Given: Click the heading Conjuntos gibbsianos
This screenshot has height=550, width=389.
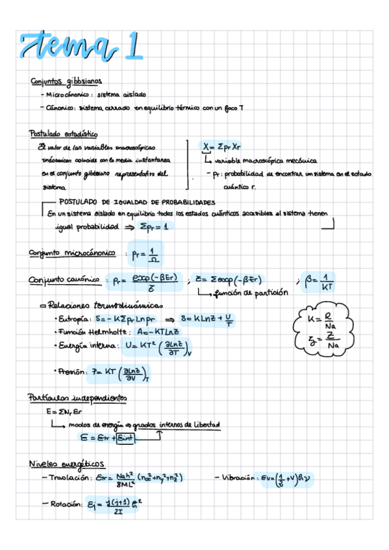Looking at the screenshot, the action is [x=66, y=82].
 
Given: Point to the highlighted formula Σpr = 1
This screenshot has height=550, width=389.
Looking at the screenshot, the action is [x=156, y=227].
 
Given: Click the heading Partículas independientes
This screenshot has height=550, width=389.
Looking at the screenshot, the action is [x=77, y=398].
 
